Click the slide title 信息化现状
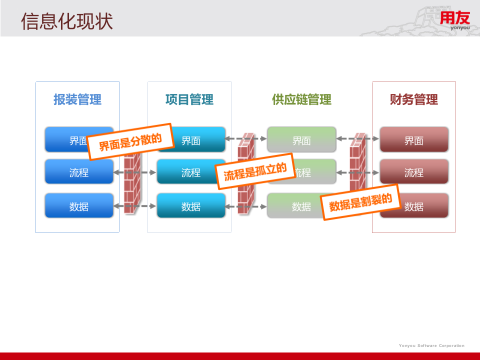[67, 21]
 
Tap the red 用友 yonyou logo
[454, 20]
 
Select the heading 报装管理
[77, 99]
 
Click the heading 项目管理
[189, 99]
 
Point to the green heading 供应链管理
[301, 99]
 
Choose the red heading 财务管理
[413, 99]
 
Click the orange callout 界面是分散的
[130, 141]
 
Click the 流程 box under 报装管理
[79, 172]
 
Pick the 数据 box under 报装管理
[79, 206]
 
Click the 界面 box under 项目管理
[195, 140]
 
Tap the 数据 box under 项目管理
[191, 206]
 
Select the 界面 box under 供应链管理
[301, 140]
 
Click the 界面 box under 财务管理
[414, 140]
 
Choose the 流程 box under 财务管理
[414, 172]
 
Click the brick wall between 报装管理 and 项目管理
[132, 185]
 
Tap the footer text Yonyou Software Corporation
[431, 345]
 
